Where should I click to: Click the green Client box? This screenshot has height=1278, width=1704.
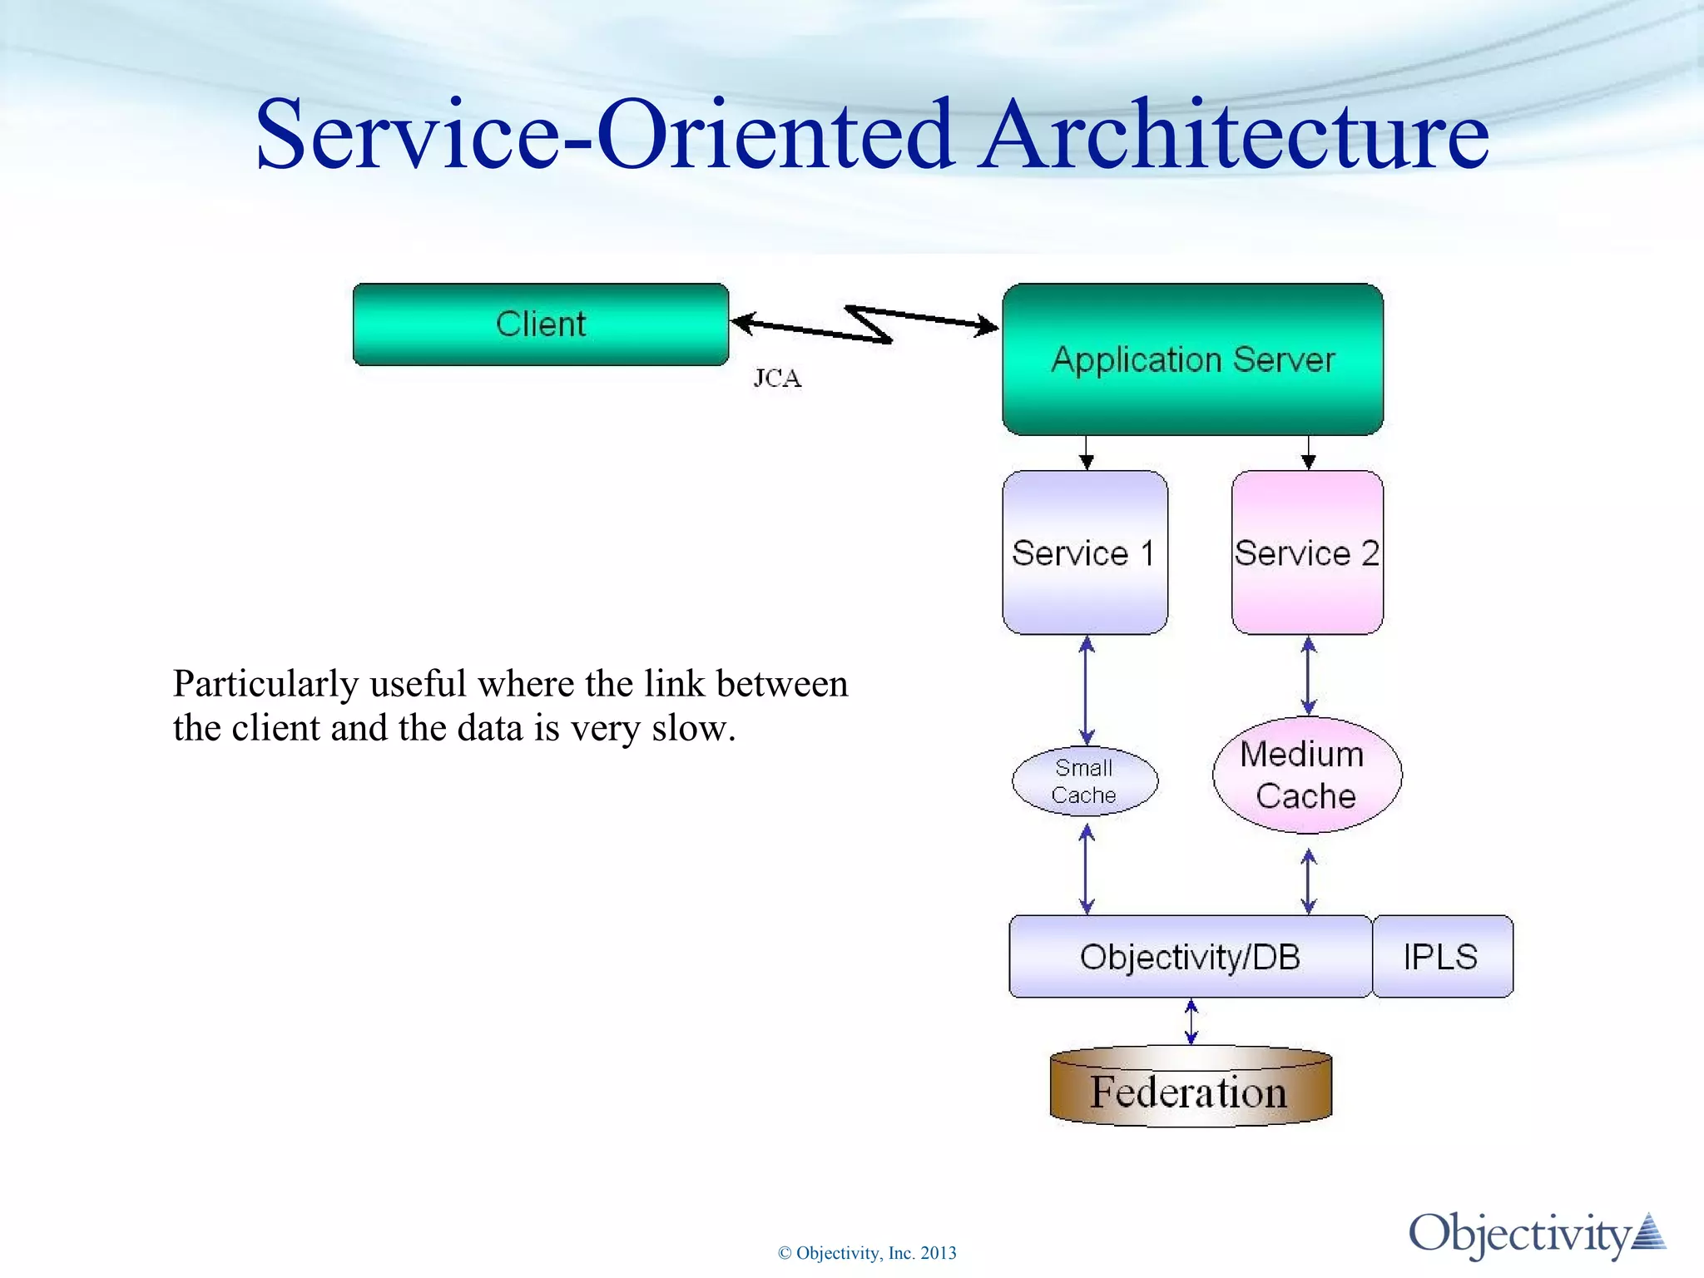(x=541, y=324)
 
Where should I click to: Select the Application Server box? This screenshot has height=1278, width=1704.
(x=1192, y=359)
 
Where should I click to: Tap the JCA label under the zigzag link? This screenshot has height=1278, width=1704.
(x=777, y=379)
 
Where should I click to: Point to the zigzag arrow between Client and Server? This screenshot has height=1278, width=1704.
(x=865, y=325)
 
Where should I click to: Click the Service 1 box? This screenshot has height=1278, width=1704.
(x=1084, y=552)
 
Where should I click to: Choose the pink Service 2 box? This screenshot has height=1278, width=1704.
(x=1307, y=552)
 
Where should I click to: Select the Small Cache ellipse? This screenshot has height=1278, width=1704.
(x=1084, y=780)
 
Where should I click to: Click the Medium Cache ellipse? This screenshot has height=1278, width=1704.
(x=1306, y=775)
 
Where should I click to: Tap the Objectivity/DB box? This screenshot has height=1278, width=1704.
(x=1190, y=957)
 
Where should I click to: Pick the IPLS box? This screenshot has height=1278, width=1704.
(x=1441, y=957)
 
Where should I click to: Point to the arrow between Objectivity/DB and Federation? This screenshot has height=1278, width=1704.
(x=1191, y=1022)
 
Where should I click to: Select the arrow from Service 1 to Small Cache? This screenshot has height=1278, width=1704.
(x=1087, y=691)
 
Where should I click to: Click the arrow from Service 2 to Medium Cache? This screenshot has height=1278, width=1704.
(x=1309, y=676)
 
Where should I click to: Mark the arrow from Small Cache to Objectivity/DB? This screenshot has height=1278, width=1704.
(x=1087, y=869)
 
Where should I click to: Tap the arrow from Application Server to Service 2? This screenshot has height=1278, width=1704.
(x=1309, y=452)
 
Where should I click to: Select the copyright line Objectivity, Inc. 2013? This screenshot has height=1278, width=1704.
(x=867, y=1253)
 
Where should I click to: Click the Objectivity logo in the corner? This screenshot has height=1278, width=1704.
(x=1535, y=1234)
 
